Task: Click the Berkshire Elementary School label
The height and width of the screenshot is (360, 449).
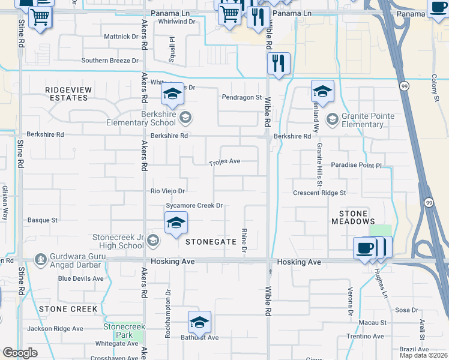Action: pos(150,118)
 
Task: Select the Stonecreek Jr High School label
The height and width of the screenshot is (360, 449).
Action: pos(118,241)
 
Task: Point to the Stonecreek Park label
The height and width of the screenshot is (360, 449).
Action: pos(117,331)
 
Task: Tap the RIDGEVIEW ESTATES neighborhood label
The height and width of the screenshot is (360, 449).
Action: pos(69,94)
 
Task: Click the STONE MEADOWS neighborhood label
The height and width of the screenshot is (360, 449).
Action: pos(353,217)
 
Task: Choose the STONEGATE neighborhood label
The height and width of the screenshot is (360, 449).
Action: pos(211,242)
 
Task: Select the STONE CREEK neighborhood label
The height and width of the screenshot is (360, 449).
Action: pos(68,309)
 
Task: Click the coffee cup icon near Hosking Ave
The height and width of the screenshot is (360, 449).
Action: pos(365,248)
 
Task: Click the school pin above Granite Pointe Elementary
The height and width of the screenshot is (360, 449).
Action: pos(322,92)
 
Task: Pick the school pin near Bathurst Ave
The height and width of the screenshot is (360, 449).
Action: pos(199,323)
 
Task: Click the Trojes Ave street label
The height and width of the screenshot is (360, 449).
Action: pos(224,162)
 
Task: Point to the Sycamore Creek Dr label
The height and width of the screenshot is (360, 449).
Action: pos(194,206)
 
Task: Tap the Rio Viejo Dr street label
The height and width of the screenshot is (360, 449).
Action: pos(167,191)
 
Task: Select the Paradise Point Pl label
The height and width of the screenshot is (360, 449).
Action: pos(356,165)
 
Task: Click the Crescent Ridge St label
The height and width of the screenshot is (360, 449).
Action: pos(319,193)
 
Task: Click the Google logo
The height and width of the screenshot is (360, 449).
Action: pos(20,353)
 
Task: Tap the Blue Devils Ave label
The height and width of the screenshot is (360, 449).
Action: pos(81,278)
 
